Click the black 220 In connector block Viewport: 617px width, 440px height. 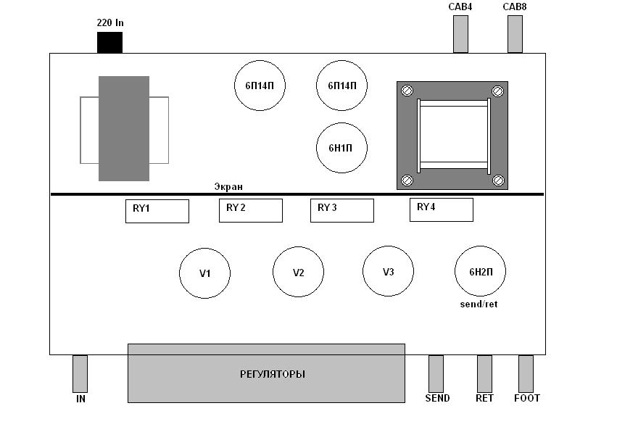(x=109, y=43)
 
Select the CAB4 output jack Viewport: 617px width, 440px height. (x=460, y=33)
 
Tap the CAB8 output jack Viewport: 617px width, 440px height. (x=515, y=33)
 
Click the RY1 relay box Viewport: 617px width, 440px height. (x=157, y=211)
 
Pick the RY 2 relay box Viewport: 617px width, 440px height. (x=250, y=210)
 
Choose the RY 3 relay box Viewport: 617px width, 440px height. (x=341, y=210)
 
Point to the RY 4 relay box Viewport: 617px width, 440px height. (x=441, y=209)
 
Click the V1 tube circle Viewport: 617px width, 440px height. (x=204, y=273)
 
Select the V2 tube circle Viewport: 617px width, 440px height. (x=298, y=272)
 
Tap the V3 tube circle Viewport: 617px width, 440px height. (x=388, y=271)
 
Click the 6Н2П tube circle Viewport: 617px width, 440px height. (x=480, y=271)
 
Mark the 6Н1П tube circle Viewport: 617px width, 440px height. (x=342, y=148)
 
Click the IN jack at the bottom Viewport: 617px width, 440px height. (x=80, y=373)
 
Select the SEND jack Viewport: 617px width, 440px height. (x=436, y=373)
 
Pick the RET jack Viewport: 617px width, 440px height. (x=484, y=373)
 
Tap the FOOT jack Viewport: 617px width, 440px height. (x=526, y=373)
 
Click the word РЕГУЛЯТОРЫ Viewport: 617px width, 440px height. (x=272, y=374)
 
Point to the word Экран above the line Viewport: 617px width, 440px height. (x=228, y=186)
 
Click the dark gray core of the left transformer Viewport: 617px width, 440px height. (x=124, y=128)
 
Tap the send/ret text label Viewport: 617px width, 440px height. (x=479, y=304)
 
